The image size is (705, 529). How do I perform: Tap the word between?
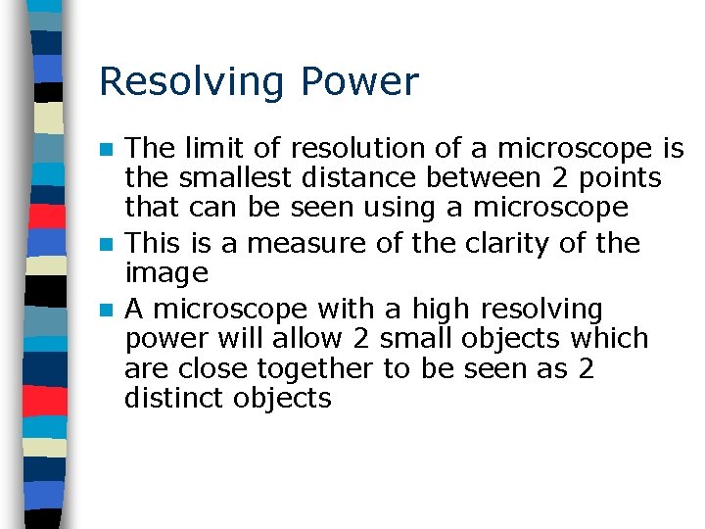(x=470, y=178)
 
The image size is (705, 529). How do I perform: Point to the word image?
(x=166, y=273)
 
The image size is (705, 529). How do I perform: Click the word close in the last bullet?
(x=212, y=369)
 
